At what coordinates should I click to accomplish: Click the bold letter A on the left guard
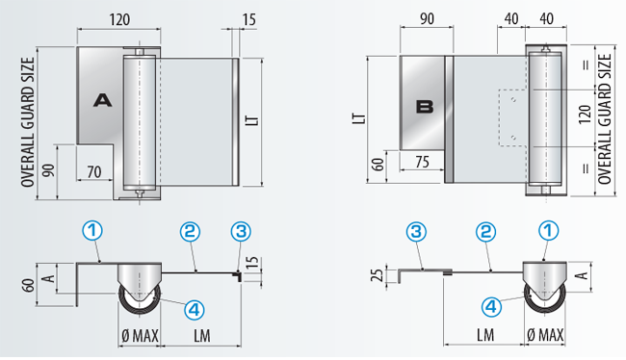(103, 100)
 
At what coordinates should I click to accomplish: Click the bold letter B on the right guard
(425, 107)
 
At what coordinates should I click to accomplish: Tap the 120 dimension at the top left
(119, 19)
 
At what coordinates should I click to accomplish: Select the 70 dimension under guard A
(94, 172)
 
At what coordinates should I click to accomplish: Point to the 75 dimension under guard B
(422, 162)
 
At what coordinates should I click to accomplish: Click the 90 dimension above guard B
(427, 18)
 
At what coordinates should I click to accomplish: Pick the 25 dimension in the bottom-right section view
(378, 274)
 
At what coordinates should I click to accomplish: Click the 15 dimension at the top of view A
(249, 19)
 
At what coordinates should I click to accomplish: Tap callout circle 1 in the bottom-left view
(92, 231)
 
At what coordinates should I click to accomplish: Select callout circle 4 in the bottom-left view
(195, 310)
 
